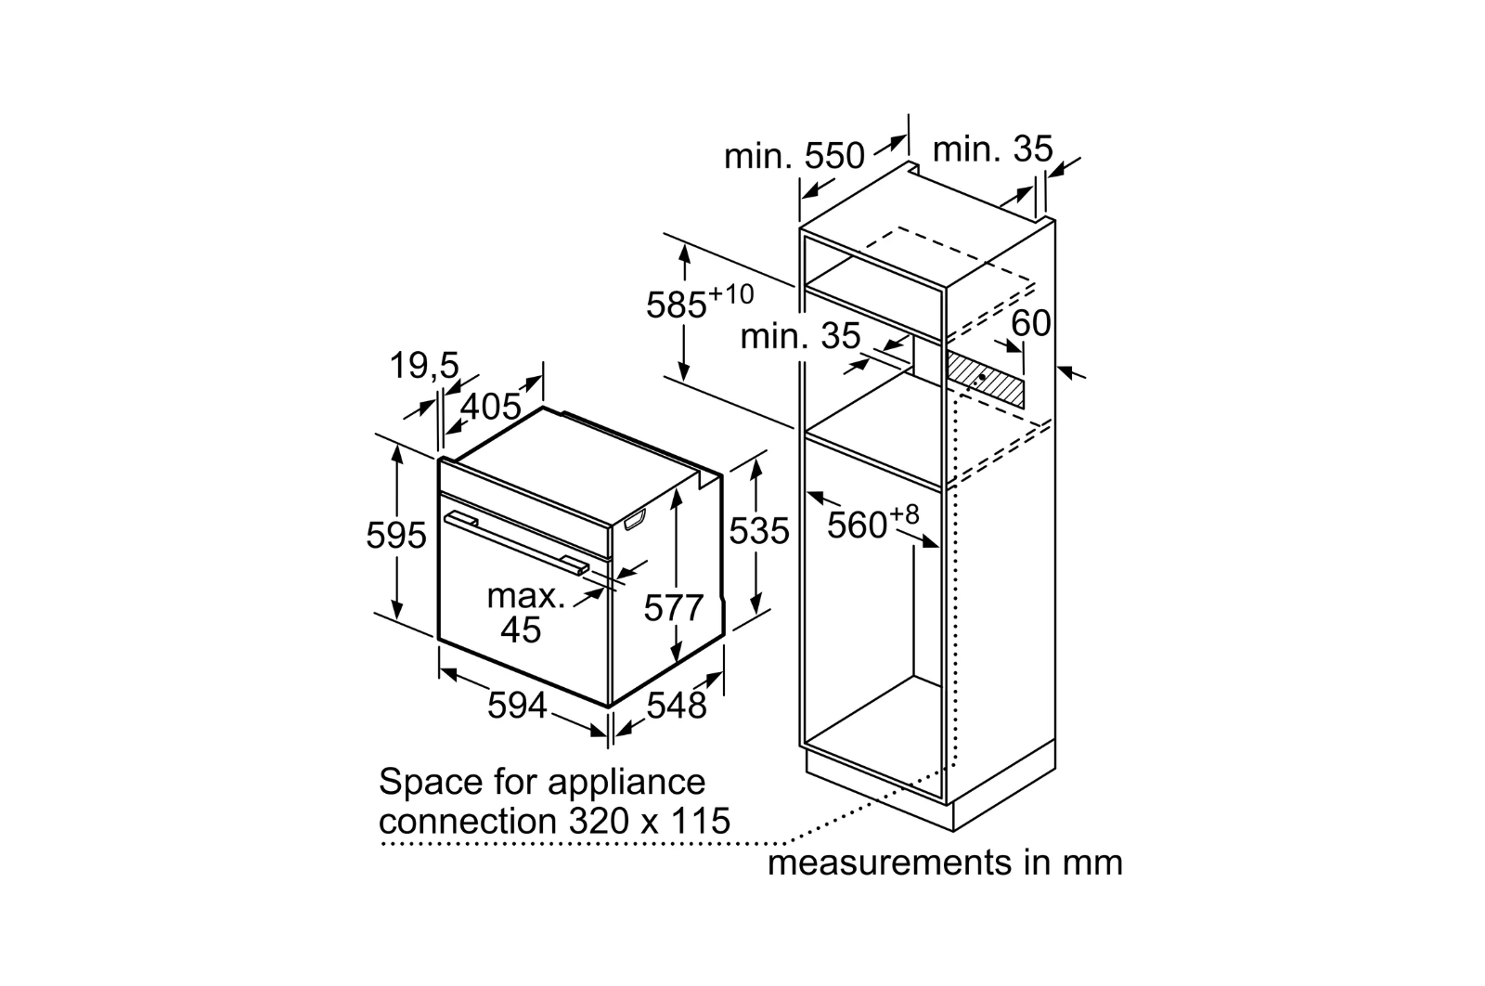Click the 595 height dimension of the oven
[396, 536]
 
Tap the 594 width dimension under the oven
[517, 706]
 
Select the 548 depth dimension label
[677, 706]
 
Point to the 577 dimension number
[674, 608]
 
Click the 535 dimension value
[758, 531]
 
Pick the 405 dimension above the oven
[491, 407]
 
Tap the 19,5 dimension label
[423, 366]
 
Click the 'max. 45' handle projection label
[525, 613]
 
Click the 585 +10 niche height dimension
[698, 303]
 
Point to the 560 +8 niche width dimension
[872, 522]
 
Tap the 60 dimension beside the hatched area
[1030, 323]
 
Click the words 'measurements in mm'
[945, 863]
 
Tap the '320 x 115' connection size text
[645, 821]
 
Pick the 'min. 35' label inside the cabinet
[799, 336]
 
